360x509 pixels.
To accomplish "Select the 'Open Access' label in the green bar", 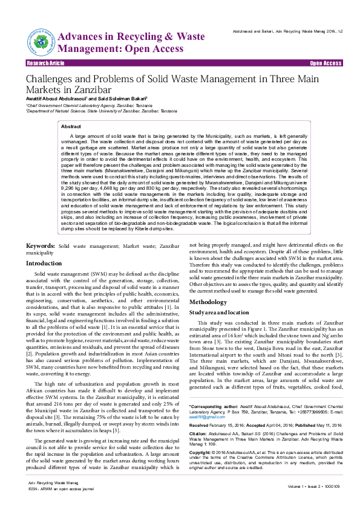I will [x=326, y=63].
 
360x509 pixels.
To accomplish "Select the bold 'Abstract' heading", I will [x=71, y=127].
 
